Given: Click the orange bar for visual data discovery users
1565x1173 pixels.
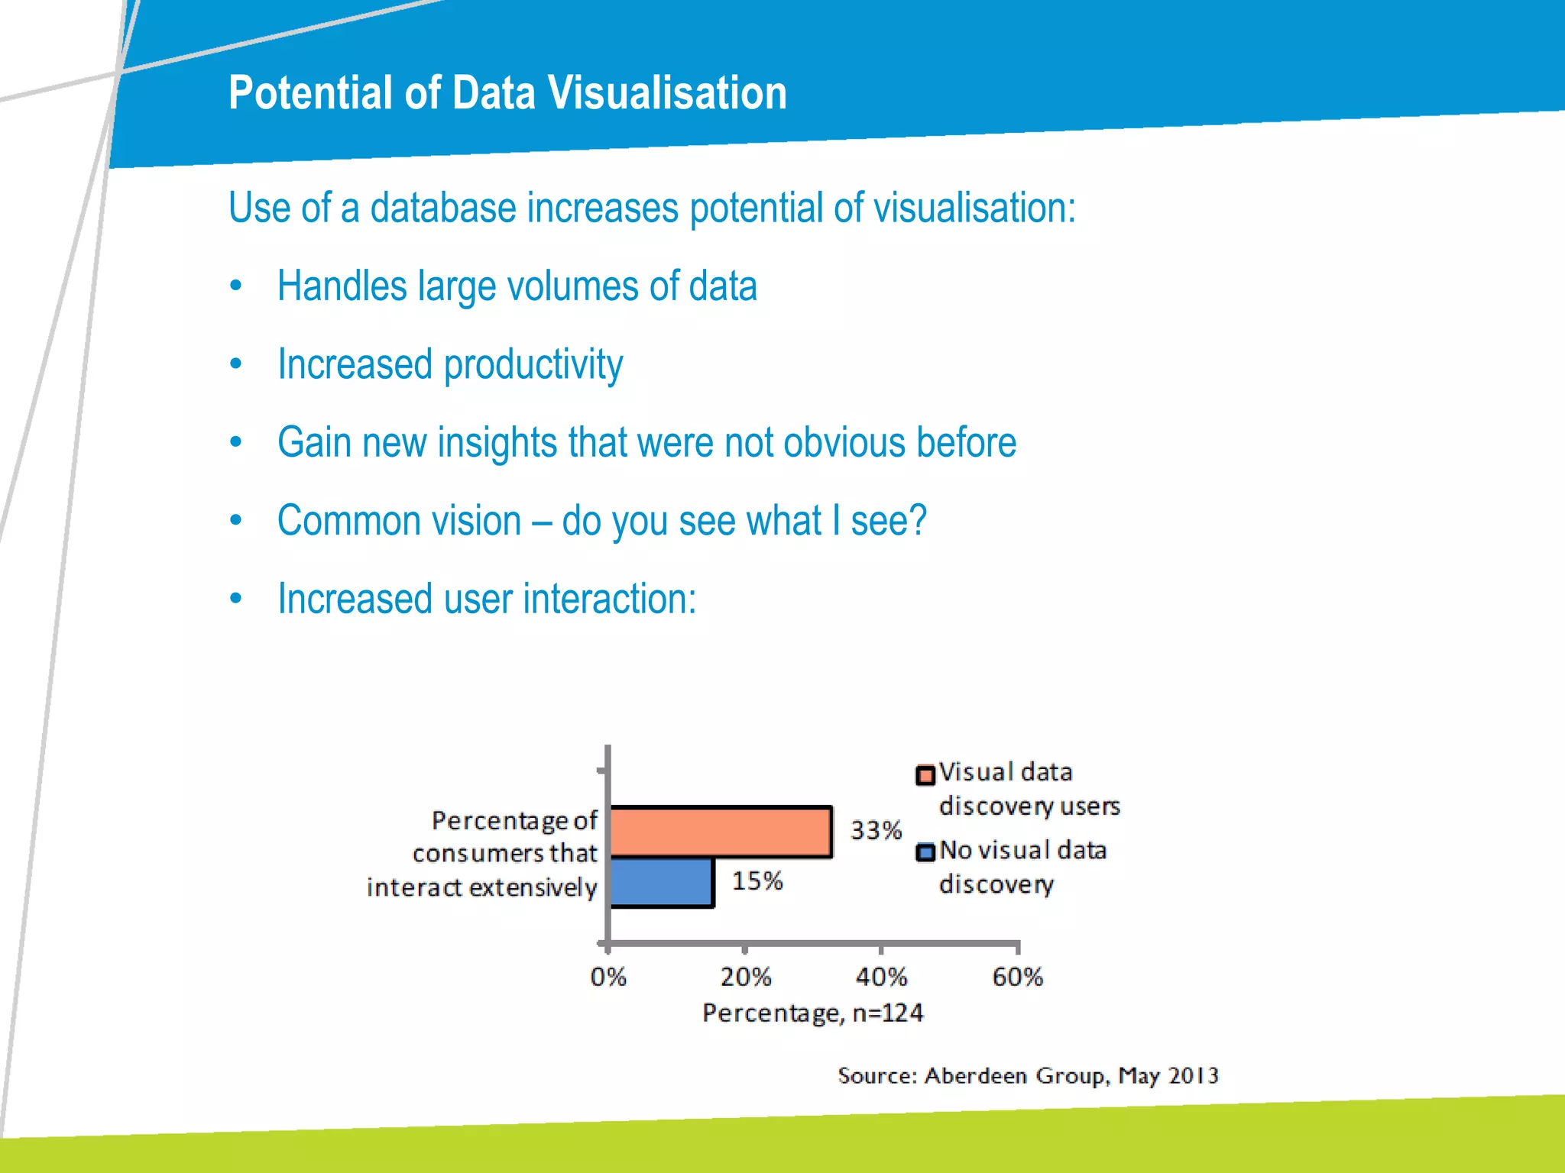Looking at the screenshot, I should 721,832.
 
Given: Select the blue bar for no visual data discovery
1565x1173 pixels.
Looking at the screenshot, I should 662,882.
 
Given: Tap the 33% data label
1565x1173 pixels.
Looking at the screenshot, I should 876,830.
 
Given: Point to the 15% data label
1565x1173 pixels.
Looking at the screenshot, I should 757,881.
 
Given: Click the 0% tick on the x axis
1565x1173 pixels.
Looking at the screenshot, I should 608,977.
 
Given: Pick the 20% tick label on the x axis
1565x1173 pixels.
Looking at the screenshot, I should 745,977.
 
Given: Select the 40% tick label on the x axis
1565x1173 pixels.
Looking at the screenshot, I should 881,977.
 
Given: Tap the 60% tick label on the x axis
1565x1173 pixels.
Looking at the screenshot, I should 1017,977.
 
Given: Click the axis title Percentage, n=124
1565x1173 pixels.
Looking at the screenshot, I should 812,1013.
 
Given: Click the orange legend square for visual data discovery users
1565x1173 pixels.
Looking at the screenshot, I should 925,775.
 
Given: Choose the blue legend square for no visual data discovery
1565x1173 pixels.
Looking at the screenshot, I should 925,852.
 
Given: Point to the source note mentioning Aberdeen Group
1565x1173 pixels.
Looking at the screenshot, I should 1027,1075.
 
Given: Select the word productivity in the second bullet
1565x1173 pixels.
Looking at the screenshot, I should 533,364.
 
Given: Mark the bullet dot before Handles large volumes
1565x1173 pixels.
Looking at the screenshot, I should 236,286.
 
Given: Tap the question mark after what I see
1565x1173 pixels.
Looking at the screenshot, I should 917,520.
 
